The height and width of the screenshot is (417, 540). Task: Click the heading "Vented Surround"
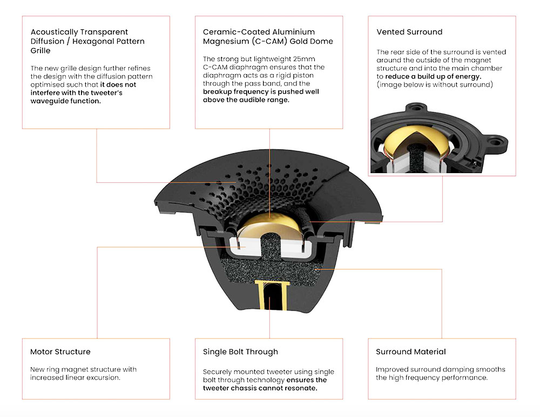tap(409, 32)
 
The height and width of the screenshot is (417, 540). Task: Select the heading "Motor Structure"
tap(60, 352)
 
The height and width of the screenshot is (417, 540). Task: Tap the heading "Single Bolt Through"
tap(240, 352)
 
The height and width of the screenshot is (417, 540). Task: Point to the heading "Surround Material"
tap(411, 352)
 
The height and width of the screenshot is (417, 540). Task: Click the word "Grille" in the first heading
tap(40, 50)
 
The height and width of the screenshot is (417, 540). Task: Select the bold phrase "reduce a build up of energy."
tap(433, 76)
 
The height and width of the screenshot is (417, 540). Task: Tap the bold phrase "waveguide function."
tap(66, 101)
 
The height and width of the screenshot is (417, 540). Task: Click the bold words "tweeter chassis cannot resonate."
tap(260, 388)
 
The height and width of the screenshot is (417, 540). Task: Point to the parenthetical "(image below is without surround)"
tap(435, 84)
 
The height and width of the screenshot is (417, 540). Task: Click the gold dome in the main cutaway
tap(269, 224)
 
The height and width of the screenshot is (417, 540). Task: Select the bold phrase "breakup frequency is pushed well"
tap(261, 91)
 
